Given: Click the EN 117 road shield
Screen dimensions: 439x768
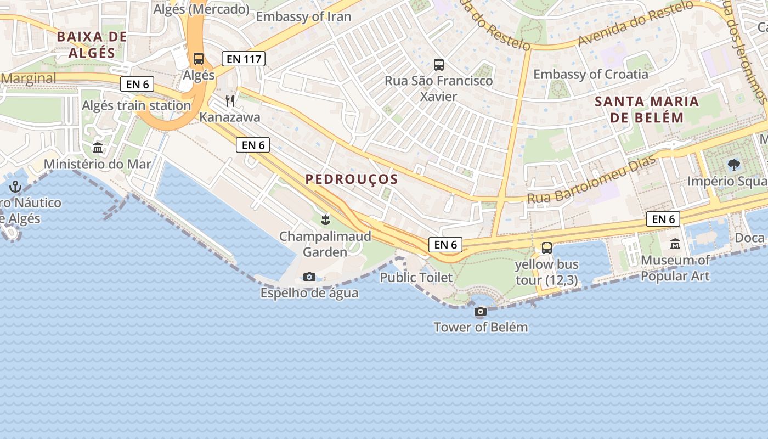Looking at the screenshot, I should click(244, 59).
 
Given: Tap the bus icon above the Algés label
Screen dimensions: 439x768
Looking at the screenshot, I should click(199, 59).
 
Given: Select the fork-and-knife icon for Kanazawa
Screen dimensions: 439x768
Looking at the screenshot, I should click(230, 101).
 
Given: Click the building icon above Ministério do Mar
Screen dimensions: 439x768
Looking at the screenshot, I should click(98, 148).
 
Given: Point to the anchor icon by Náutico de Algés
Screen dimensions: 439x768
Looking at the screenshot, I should click(16, 187).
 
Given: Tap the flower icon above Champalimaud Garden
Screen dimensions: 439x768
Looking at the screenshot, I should click(325, 220).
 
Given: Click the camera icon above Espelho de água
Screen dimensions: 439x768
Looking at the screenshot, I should click(309, 277).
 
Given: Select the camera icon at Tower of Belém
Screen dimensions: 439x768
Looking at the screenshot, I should click(481, 311).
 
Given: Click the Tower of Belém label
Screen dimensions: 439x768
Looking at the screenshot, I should click(481, 328).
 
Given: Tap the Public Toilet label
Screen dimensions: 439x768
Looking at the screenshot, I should click(416, 278).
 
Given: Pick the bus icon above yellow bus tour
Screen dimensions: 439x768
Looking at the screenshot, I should click(547, 247).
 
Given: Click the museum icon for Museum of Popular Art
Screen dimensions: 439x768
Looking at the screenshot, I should click(675, 244).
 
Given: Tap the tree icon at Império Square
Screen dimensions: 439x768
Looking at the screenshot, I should click(733, 165).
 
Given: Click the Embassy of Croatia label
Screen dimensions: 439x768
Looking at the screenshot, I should click(591, 74).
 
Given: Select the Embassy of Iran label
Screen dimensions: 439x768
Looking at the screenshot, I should click(303, 16).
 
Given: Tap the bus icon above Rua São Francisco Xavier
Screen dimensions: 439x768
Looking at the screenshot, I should click(439, 65).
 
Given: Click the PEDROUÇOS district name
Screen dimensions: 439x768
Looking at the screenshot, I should click(352, 179).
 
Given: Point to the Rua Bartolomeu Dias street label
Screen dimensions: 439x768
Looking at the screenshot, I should click(591, 180).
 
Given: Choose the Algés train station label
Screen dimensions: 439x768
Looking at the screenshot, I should click(136, 105).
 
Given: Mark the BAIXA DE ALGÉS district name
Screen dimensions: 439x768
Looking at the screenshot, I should click(92, 45).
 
